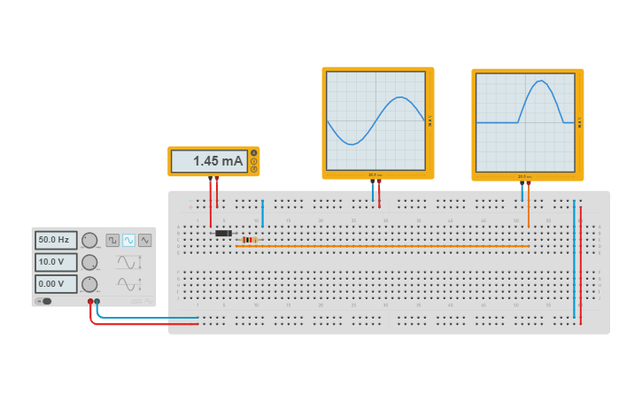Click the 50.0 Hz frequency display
(56, 240)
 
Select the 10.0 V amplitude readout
(56, 262)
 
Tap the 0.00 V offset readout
(56, 284)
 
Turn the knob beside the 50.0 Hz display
(89, 240)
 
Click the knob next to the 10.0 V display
(89, 262)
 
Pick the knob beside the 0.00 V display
(89, 284)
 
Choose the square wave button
(112, 240)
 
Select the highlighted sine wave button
(128, 240)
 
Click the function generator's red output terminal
(90, 302)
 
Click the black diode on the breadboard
(223, 233)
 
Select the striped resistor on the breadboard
(249, 240)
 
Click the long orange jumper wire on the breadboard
(381, 246)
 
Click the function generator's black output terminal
(97, 302)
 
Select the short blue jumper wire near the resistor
(262, 213)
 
